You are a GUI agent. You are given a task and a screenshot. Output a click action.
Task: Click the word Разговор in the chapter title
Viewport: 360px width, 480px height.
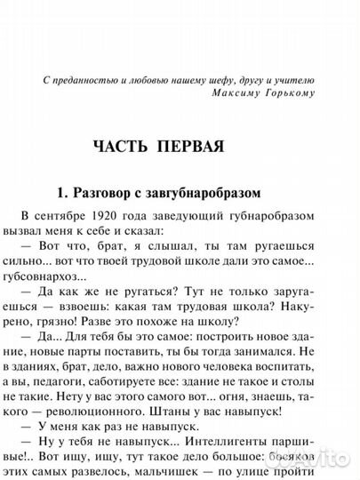103,189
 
